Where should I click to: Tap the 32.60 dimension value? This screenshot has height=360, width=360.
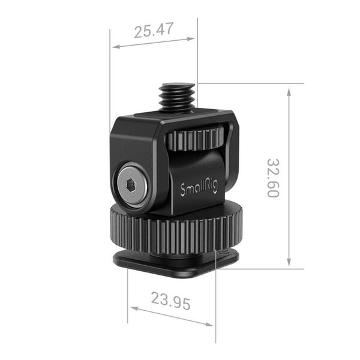tap(274, 178)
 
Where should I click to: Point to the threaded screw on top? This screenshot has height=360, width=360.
tap(177, 96)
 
